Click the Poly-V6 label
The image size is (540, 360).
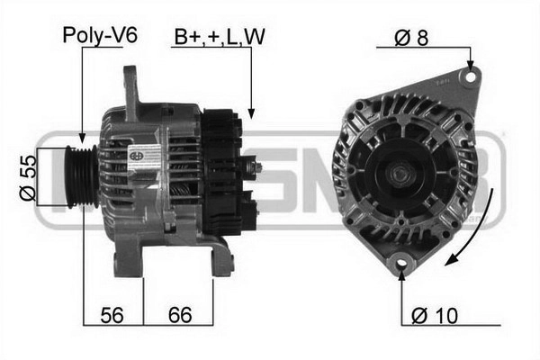click(100, 35)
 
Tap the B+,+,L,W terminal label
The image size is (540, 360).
click(220, 37)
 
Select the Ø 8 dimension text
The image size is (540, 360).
click(411, 37)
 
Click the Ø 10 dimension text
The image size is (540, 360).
click(435, 315)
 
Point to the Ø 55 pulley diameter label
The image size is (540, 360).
click(28, 177)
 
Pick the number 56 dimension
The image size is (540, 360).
click(112, 315)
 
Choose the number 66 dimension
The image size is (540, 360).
click(180, 315)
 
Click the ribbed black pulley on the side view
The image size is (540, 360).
click(82, 176)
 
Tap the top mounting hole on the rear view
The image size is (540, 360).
click(470, 76)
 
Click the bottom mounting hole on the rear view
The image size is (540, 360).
click(401, 263)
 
